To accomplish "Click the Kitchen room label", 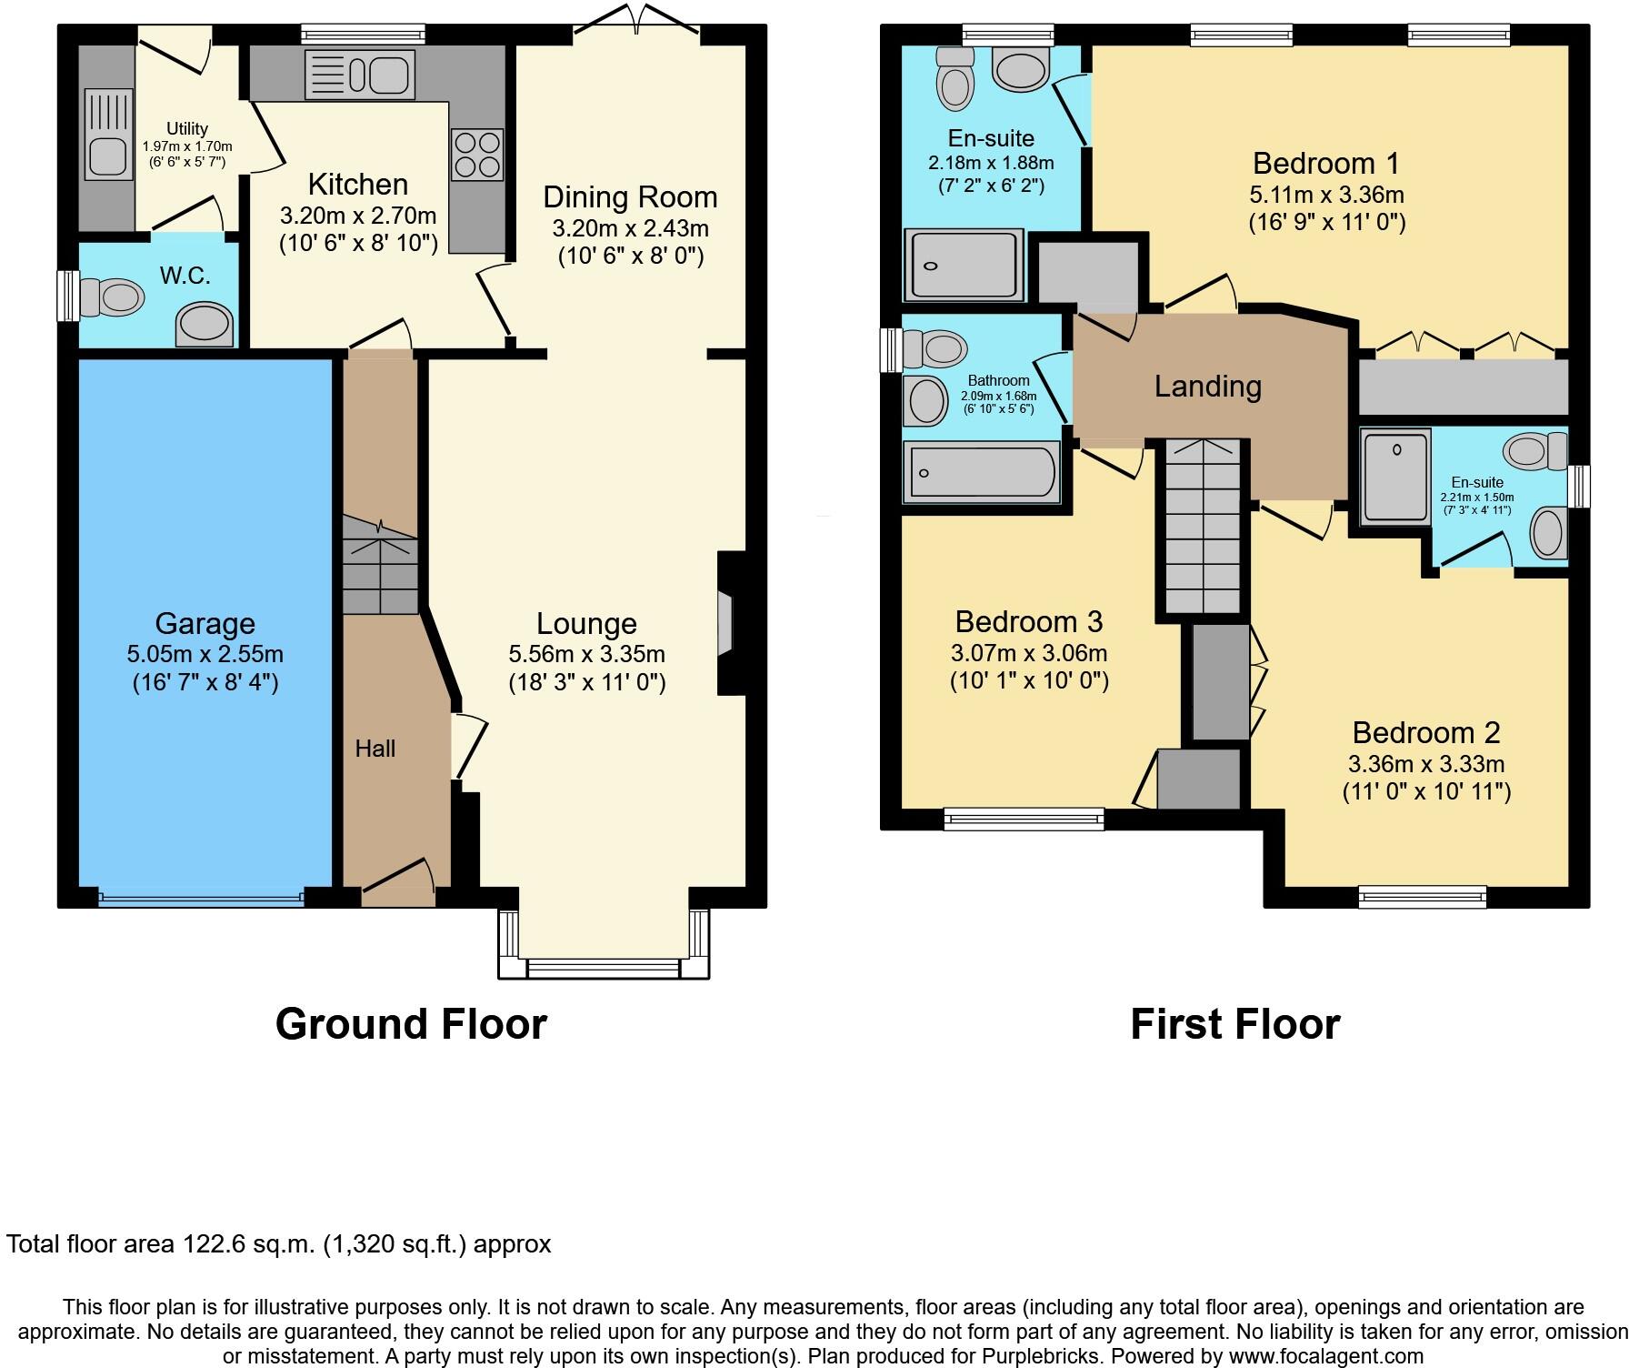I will [357, 185].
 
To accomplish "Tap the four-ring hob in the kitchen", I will [477, 155].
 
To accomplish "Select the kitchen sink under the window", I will [361, 75].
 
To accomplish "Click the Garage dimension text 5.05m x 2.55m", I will [205, 654].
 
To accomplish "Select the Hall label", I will [375, 749].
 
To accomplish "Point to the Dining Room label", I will [630, 197].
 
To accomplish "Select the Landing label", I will [1207, 387].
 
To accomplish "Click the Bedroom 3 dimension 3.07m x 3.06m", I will [1028, 653].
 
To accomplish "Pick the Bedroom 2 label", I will [1425, 733].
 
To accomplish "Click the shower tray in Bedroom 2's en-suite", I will [1395, 477].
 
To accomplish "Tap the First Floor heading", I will [1234, 1024].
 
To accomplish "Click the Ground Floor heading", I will [411, 1024].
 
